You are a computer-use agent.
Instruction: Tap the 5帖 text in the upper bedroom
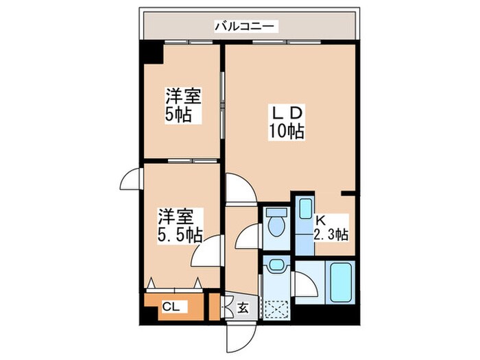(182, 115)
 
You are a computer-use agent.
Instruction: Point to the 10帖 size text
(287, 130)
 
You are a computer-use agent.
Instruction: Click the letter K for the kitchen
(320, 220)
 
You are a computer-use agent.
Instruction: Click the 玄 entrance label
(243, 308)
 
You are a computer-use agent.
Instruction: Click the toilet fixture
(277, 224)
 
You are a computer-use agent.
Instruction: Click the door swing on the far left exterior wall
(130, 181)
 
